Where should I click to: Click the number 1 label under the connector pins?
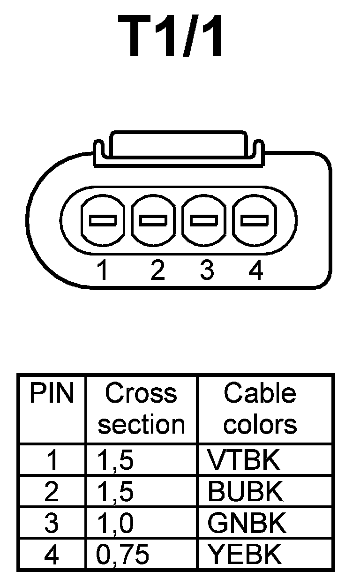[103, 270]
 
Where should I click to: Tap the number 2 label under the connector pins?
[158, 270]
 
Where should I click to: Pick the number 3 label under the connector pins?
[207, 270]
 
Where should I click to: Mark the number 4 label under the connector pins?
[255, 270]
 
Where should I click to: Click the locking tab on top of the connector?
[177, 148]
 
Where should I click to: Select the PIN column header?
[52, 394]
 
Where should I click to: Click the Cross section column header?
[141, 409]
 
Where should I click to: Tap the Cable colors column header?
[260, 409]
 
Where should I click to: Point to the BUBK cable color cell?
[246, 492]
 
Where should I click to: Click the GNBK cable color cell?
[247, 523]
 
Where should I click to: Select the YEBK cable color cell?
[245, 555]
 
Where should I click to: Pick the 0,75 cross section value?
[123, 555]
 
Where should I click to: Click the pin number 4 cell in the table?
[52, 555]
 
